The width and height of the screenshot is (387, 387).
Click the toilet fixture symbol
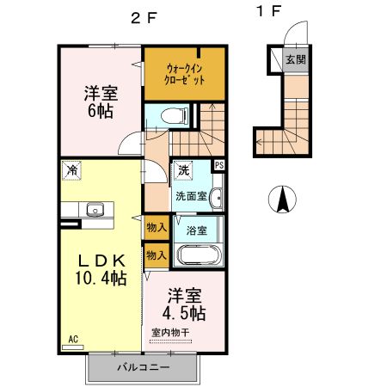[175, 116]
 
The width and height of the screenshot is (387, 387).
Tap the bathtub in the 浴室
[199, 255]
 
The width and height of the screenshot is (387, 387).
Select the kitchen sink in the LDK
[95, 209]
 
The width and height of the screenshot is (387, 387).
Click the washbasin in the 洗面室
[216, 198]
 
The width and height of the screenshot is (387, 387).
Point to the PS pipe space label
[219, 165]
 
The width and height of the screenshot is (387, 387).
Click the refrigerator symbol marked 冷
[71, 170]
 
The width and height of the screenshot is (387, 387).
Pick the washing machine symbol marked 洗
[182, 170]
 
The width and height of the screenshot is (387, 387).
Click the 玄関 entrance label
[296, 59]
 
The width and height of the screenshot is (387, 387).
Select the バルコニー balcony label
[144, 367]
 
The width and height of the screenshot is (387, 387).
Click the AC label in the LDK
[73, 339]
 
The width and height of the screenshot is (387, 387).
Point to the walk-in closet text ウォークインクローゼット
[185, 74]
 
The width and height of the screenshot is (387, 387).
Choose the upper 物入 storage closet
[157, 228]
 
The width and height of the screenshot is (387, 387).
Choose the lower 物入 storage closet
[157, 255]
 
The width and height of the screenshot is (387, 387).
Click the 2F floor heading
[144, 18]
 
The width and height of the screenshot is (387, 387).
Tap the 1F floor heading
[268, 11]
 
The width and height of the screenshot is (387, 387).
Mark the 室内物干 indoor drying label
[170, 333]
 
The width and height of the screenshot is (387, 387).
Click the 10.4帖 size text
[101, 278]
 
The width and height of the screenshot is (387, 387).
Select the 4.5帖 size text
[184, 313]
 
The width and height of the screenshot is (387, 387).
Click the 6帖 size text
[101, 111]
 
